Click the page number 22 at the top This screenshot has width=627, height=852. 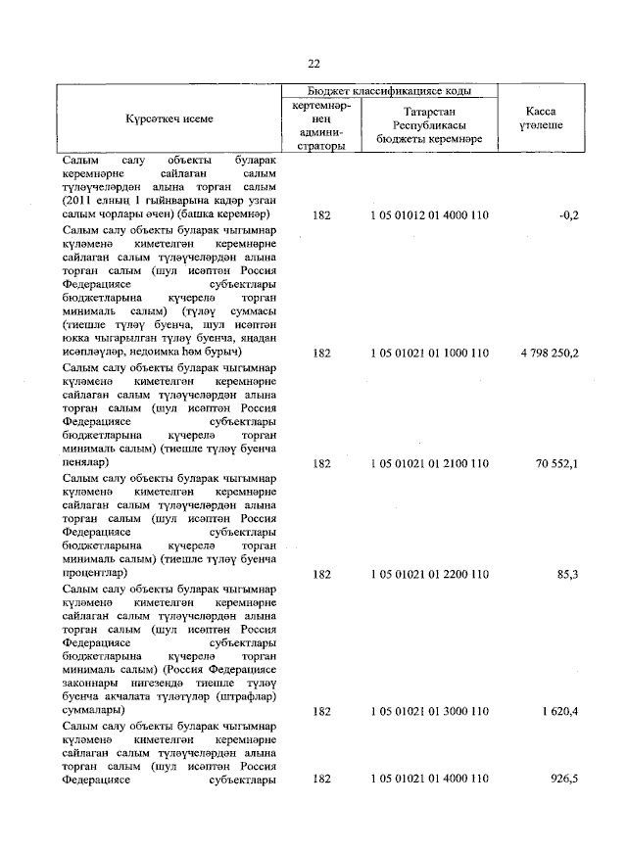tap(313, 64)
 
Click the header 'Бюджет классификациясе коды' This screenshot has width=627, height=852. tap(389, 90)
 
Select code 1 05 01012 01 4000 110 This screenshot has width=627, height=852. tap(429, 213)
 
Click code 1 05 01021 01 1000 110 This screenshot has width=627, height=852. tap(429, 351)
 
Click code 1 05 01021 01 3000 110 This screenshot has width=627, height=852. tap(429, 709)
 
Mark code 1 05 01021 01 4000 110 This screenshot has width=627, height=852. tap(429, 780)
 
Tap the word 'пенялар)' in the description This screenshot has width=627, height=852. tap(85, 460)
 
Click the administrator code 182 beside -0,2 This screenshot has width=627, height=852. tap(321, 213)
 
